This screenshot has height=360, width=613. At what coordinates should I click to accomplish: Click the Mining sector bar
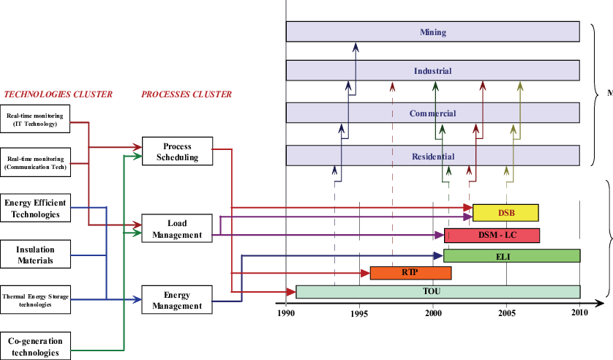432,32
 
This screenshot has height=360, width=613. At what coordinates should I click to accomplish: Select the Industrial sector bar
432,71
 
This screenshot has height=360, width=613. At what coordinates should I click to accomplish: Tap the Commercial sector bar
432,113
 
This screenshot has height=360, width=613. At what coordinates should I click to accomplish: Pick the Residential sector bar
432,156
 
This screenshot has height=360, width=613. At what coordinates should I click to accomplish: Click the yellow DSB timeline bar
505,213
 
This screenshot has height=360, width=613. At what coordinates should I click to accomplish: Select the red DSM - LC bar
492,235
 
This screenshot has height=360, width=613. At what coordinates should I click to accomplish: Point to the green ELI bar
511,256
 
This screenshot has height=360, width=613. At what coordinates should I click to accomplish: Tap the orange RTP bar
410,273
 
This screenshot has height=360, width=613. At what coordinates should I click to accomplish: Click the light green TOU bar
437,291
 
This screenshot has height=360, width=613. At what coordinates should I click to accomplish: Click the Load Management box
177,229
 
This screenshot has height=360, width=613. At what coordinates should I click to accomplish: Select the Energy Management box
177,300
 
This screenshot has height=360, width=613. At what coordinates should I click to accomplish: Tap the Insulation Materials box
35,255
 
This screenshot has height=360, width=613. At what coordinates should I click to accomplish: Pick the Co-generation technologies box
35,345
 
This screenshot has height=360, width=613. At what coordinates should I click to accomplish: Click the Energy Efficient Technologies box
35,209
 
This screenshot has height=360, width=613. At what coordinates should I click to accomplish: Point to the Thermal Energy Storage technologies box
35,299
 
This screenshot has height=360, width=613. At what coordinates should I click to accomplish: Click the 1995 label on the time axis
359,313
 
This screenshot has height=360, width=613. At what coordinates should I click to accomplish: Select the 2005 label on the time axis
506,313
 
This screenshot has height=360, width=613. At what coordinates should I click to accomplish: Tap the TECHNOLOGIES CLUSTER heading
58,94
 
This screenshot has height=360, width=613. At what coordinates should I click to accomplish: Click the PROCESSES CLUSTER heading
186,94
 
